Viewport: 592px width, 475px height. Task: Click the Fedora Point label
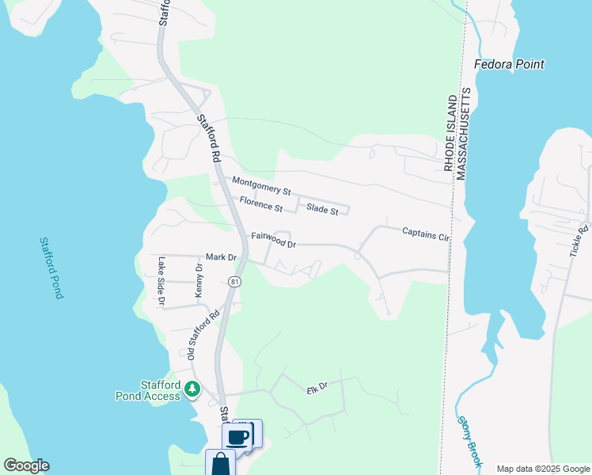click(509, 64)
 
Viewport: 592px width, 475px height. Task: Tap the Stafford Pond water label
click(51, 268)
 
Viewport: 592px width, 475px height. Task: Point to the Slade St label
click(322, 211)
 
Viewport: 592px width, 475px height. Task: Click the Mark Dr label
click(221, 257)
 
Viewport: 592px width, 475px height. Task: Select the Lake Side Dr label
click(161, 280)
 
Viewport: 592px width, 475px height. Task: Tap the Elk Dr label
click(317, 389)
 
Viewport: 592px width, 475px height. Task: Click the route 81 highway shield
click(234, 282)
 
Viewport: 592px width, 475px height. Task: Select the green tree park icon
click(192, 389)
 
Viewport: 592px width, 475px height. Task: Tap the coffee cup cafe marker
click(237, 435)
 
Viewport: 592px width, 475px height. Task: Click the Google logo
click(26, 465)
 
